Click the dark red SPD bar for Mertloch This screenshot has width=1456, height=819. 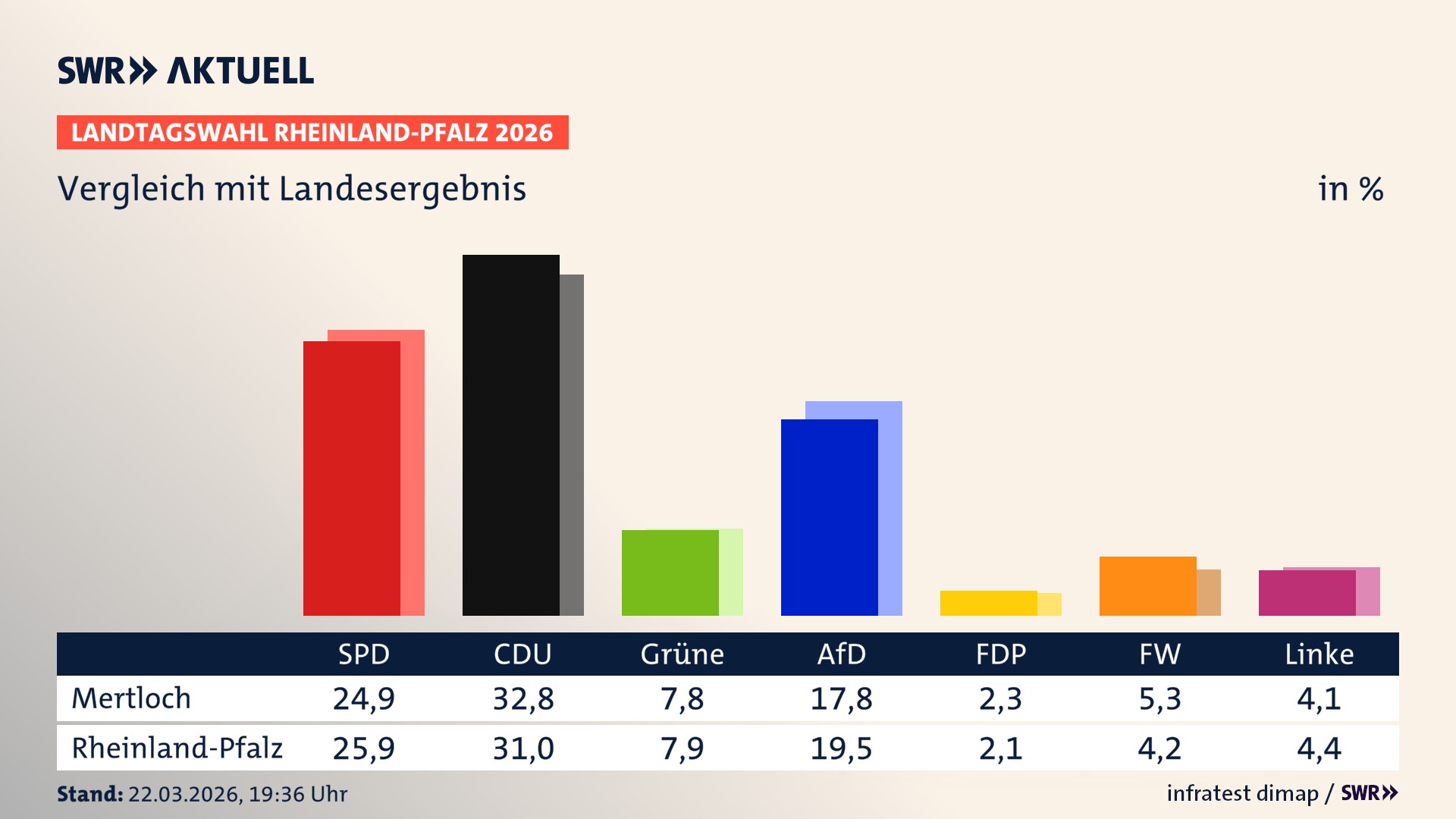click(352, 478)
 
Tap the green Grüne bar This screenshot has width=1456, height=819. click(670, 573)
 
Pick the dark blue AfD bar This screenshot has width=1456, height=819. click(829, 517)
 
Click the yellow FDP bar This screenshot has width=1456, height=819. click(988, 603)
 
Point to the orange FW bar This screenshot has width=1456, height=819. click(1147, 586)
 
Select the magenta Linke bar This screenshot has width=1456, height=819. click(1307, 593)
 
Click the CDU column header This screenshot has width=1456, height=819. click(522, 654)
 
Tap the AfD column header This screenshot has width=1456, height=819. click(841, 654)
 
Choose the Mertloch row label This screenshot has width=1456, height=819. click(131, 698)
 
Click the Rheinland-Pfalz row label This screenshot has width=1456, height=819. click(177, 748)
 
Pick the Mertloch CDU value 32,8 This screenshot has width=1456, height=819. click(523, 698)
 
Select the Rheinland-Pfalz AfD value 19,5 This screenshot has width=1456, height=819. click(841, 748)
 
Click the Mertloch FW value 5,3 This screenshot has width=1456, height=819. click(1159, 698)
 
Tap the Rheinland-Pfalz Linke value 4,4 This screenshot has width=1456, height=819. click(1319, 748)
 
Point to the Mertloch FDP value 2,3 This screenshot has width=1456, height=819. click(1000, 698)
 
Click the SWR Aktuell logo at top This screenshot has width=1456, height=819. click(186, 71)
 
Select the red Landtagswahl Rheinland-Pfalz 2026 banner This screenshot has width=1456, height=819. click(312, 133)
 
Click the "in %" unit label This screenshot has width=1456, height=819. click(1350, 189)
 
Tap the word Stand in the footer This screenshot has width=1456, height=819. click(89, 794)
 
